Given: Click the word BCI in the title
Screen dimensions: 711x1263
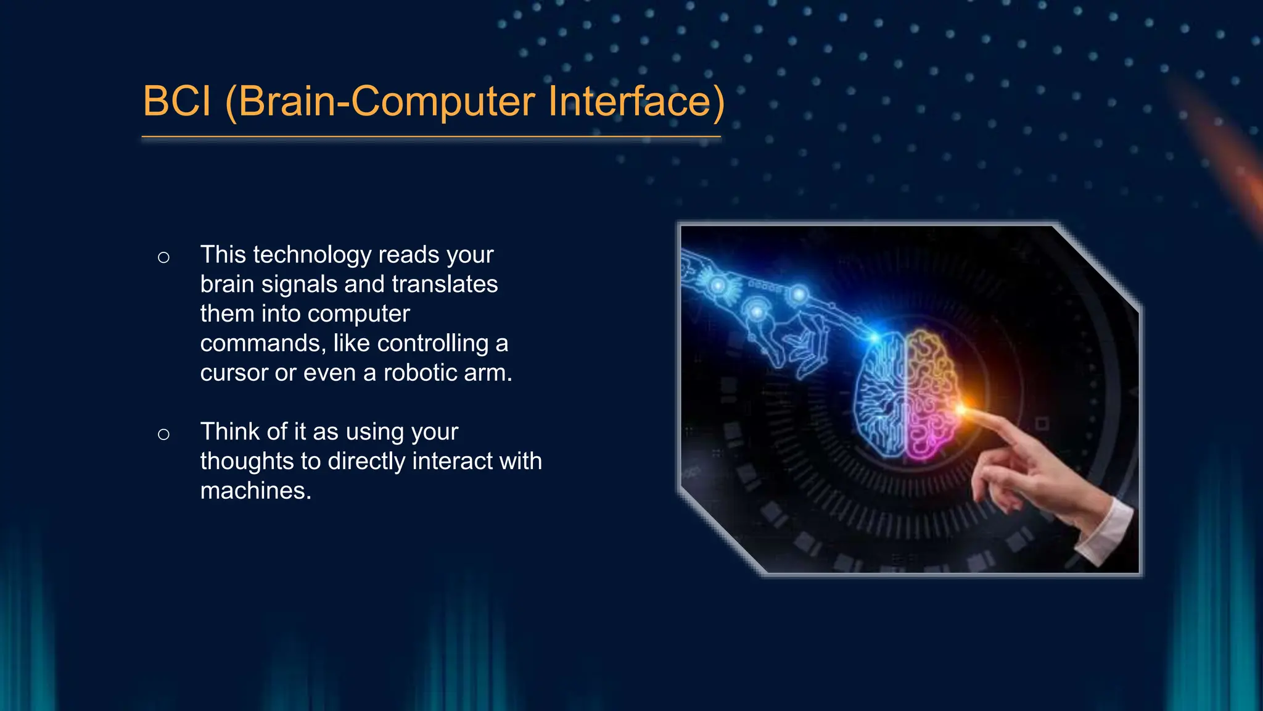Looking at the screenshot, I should [x=177, y=101].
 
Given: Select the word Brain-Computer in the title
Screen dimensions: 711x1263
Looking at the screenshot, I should [x=386, y=101].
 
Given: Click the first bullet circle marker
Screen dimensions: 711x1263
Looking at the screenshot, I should [x=163, y=257].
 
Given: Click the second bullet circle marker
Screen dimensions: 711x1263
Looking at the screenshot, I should [x=163, y=434].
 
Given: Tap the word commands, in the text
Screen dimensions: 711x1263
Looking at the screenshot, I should [x=263, y=343].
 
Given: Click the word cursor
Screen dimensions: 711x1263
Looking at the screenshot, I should [x=234, y=373].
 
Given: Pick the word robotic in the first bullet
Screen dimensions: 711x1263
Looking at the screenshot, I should [x=420, y=373].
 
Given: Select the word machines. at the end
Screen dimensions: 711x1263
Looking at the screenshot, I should [x=255, y=491].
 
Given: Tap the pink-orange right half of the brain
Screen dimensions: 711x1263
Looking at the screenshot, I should [x=931, y=395].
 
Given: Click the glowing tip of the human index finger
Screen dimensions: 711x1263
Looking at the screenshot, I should [x=962, y=409].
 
